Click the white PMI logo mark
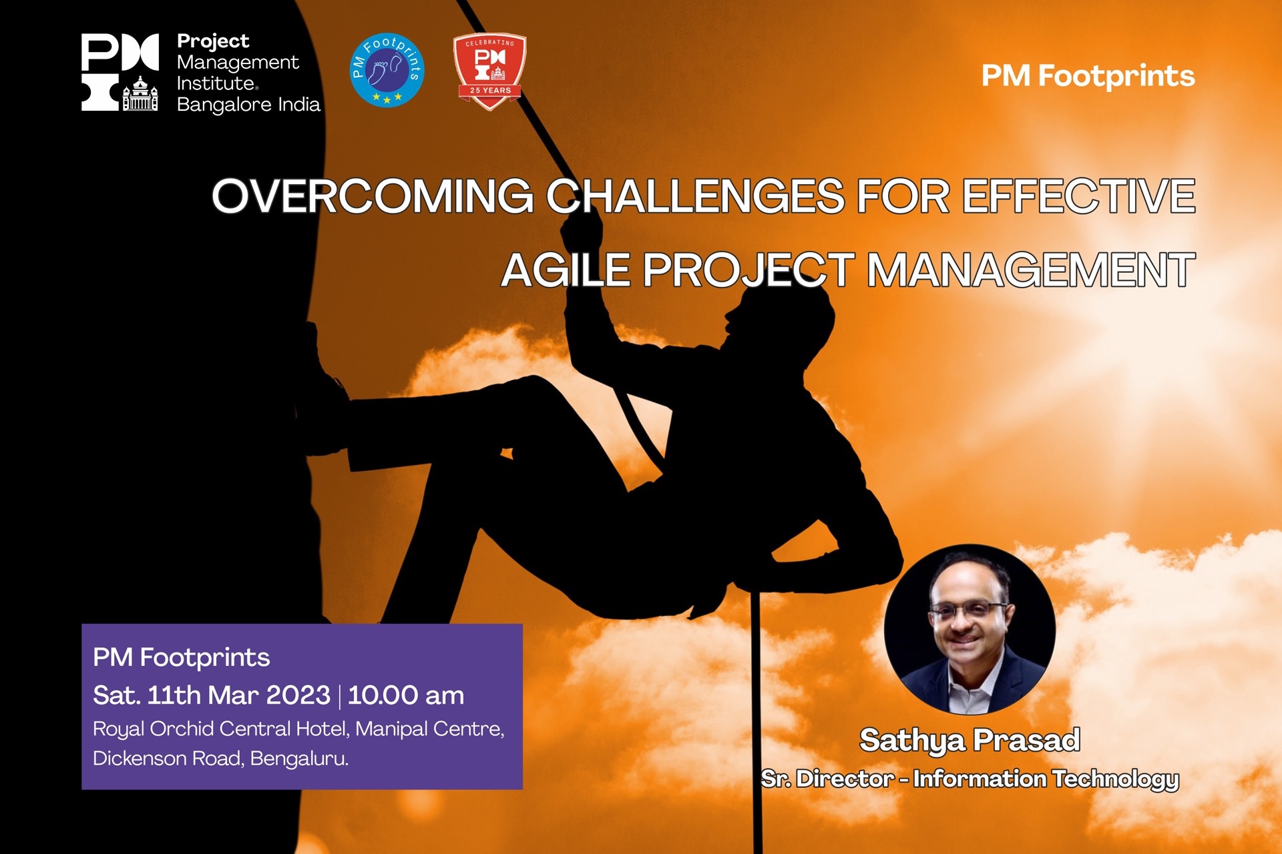(120, 72)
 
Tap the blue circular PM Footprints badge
(387, 70)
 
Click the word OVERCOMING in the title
(373, 196)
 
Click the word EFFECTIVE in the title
(1078, 196)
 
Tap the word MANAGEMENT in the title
(1031, 270)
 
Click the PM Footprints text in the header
(1088, 76)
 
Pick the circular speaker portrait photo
(970, 630)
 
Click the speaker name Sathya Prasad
(970, 741)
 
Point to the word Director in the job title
(845, 779)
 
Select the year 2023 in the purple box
(298, 695)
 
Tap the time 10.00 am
(406, 695)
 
